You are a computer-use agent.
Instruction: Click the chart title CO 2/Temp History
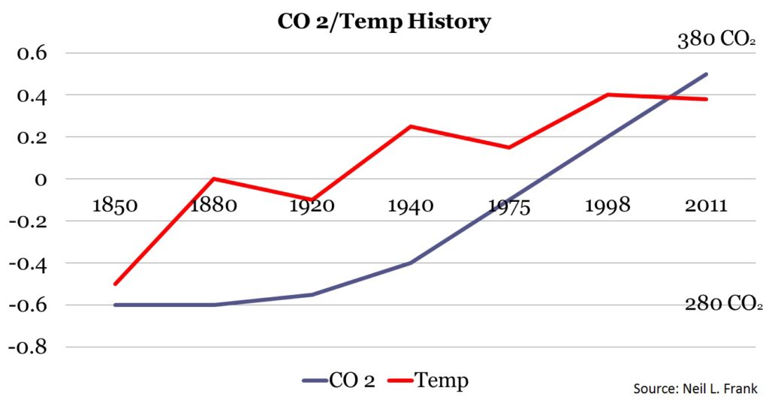point(384,21)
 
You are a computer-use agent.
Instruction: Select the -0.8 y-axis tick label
point(27,347)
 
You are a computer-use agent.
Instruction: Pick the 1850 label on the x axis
point(115,205)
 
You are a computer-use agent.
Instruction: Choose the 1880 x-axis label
point(213,205)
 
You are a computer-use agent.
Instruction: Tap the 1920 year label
point(312,205)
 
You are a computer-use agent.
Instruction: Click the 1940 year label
point(410,205)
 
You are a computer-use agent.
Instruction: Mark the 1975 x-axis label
point(508,205)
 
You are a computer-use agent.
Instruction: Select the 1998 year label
point(608,205)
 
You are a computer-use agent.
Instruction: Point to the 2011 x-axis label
point(706,205)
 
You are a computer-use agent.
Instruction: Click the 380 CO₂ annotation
point(716,41)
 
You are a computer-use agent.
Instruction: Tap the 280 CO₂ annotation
point(722,304)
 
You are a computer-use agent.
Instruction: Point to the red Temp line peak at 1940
point(410,126)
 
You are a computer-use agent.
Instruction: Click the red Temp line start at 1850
point(115,284)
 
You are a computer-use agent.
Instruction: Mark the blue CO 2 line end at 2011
point(707,74)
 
